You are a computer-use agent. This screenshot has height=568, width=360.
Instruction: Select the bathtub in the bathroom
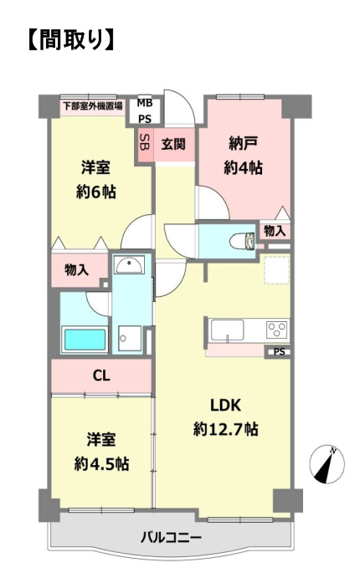click(x=85, y=340)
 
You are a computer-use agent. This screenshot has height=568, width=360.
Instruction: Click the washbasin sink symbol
click(x=130, y=264)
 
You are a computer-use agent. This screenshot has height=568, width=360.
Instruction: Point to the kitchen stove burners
click(x=277, y=330)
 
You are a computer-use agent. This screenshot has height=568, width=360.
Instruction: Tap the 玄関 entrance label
click(x=173, y=144)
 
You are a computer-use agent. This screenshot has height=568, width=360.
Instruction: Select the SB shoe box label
click(x=145, y=144)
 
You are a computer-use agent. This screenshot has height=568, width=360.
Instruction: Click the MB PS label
click(x=144, y=111)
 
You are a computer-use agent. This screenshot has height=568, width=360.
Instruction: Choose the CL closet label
click(x=101, y=376)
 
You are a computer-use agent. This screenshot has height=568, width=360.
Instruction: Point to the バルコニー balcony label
click(x=171, y=537)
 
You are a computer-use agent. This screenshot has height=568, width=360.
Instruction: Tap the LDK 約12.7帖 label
click(x=226, y=417)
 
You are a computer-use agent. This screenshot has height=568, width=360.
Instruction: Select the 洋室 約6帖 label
click(x=95, y=180)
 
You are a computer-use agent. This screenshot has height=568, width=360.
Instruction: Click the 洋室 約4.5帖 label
click(x=101, y=452)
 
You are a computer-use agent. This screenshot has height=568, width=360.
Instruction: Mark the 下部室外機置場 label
click(x=92, y=106)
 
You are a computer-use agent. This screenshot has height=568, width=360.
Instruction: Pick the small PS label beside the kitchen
click(x=279, y=351)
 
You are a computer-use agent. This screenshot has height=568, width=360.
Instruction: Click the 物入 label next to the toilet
click(x=275, y=231)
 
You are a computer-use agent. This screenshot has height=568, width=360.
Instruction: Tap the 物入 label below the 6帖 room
click(x=76, y=269)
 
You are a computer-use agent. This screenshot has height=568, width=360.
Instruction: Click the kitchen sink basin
click(x=228, y=330)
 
